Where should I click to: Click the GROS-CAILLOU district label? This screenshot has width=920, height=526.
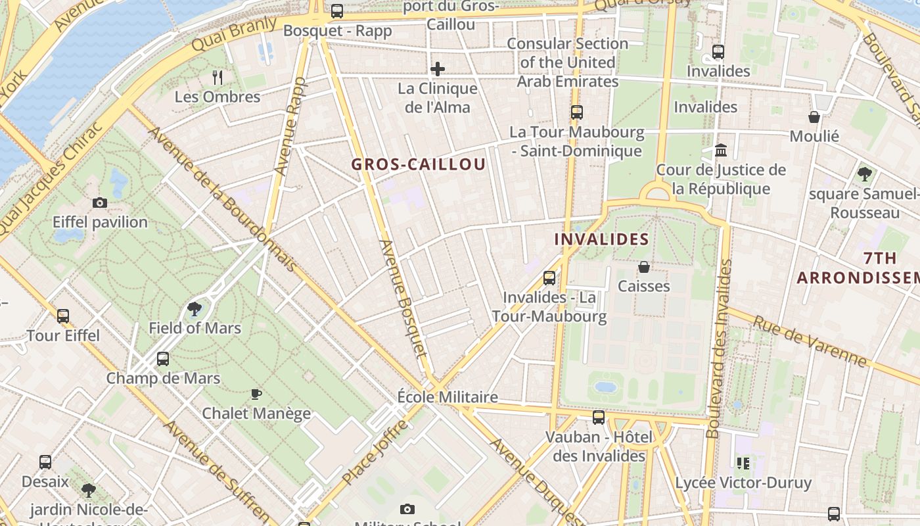419,164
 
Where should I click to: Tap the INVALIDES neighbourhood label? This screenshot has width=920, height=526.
601,239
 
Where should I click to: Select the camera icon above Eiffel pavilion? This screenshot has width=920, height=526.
100,203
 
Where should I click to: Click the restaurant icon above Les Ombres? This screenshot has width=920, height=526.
218,78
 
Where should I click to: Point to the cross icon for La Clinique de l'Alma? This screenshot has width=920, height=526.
438,69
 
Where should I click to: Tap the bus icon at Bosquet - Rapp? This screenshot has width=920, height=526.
337,11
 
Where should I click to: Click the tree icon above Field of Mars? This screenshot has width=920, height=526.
195,308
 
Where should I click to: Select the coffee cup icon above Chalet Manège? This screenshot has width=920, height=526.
256,394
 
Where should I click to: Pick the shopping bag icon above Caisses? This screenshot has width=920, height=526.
644,267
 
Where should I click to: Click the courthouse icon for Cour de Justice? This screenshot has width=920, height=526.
721,151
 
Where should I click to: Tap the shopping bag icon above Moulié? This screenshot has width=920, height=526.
814,117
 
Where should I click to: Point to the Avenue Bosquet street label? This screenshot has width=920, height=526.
403,299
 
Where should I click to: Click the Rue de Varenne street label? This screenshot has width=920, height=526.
810,341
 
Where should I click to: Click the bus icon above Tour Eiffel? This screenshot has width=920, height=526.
63,316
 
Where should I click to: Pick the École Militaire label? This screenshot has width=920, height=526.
448,397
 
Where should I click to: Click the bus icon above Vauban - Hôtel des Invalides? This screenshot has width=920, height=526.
599,417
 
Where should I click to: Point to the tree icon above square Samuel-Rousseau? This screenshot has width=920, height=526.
864,174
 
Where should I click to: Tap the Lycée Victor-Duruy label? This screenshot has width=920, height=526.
743,483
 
